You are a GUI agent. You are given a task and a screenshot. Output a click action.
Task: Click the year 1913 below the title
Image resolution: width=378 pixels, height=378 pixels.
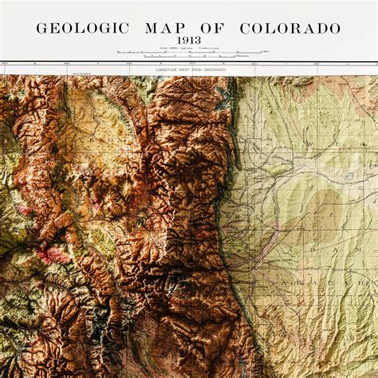pyautogui.click(x=189, y=41)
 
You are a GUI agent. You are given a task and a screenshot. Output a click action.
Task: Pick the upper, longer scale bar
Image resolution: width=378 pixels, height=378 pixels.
pyautogui.click(x=188, y=53)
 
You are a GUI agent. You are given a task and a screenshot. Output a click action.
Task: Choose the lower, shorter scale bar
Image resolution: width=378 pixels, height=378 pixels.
pyautogui.click(x=188, y=57)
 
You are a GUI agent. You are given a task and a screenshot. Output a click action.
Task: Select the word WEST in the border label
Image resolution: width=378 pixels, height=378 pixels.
pyautogui.click(x=181, y=70)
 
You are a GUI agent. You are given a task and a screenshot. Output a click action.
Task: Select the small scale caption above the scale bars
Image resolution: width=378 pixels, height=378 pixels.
pyautogui.click(x=188, y=49)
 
